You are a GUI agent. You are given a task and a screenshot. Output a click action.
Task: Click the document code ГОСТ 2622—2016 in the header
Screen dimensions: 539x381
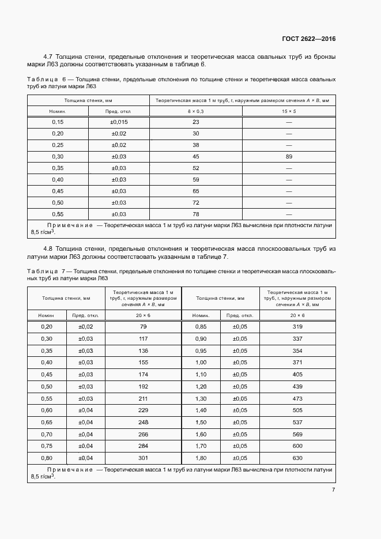[308, 39]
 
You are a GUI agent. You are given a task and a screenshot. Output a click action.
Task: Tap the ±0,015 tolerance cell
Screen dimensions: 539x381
[119, 122]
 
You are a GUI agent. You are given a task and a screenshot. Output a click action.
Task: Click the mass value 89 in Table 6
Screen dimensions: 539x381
[288, 156]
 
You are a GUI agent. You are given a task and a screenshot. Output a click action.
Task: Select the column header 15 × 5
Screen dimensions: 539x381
[288, 110]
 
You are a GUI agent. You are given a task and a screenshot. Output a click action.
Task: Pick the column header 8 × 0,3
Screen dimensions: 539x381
[195, 110]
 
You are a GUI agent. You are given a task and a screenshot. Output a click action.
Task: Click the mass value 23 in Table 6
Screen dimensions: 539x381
[195, 122]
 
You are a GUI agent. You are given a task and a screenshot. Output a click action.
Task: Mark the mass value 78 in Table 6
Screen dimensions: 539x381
[195, 214]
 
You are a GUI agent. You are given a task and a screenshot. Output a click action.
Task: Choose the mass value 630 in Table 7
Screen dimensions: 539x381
[297, 458]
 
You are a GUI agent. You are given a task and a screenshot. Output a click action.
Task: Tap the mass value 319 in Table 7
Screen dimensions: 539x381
[297, 327]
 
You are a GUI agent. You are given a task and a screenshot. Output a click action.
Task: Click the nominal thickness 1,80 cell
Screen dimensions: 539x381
[201, 458]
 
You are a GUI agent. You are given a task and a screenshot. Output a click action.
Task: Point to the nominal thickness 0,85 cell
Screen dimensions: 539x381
[201, 327]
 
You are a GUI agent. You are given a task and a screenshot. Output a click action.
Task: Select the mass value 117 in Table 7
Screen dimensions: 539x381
[143, 338]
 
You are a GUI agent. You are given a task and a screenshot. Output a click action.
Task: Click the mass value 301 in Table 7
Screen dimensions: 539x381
[143, 458]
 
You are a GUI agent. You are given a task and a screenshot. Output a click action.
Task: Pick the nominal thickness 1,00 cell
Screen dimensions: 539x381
[201, 362]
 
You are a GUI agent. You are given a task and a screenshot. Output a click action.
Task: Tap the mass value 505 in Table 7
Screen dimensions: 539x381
[297, 410]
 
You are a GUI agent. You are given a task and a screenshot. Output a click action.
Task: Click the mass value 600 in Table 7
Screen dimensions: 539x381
[297, 446]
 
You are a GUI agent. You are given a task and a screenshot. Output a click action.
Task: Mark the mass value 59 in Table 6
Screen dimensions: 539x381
[195, 179]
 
